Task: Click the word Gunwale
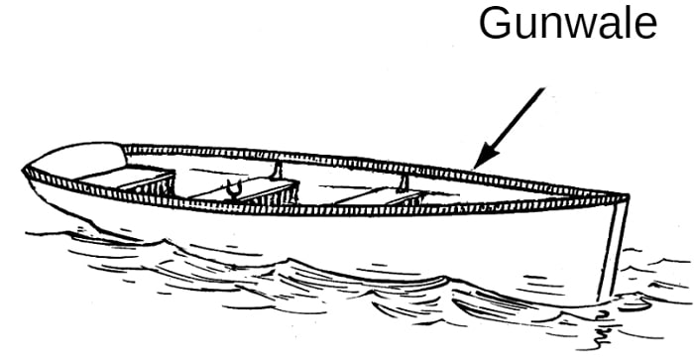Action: click(567, 22)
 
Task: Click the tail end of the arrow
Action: click(543, 88)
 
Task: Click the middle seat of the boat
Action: click(244, 188)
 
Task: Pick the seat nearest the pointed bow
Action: click(381, 194)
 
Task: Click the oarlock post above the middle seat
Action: click(277, 171)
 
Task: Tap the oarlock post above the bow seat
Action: click(404, 182)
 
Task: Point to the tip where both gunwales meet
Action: click(627, 196)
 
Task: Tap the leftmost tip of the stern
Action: click(23, 170)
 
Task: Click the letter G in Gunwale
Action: click(494, 23)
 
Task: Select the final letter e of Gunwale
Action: click(645, 27)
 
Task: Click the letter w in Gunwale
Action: click(573, 27)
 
